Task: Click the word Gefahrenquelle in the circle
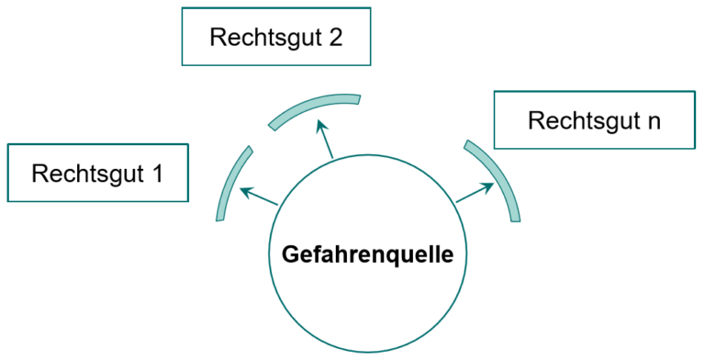click(x=367, y=253)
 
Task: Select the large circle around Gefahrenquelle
click(x=367, y=303)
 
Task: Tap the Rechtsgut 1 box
click(x=97, y=172)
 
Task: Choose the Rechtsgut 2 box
click(x=276, y=38)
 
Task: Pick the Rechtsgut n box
click(x=594, y=119)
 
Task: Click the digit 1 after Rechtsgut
click(x=156, y=172)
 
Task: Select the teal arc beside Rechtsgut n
click(x=501, y=179)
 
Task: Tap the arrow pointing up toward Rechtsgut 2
click(x=326, y=140)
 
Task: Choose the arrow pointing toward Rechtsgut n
click(x=476, y=192)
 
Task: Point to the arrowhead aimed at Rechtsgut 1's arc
click(x=244, y=191)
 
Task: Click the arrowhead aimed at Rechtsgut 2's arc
click(x=320, y=124)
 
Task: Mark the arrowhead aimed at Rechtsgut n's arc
click(x=489, y=186)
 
